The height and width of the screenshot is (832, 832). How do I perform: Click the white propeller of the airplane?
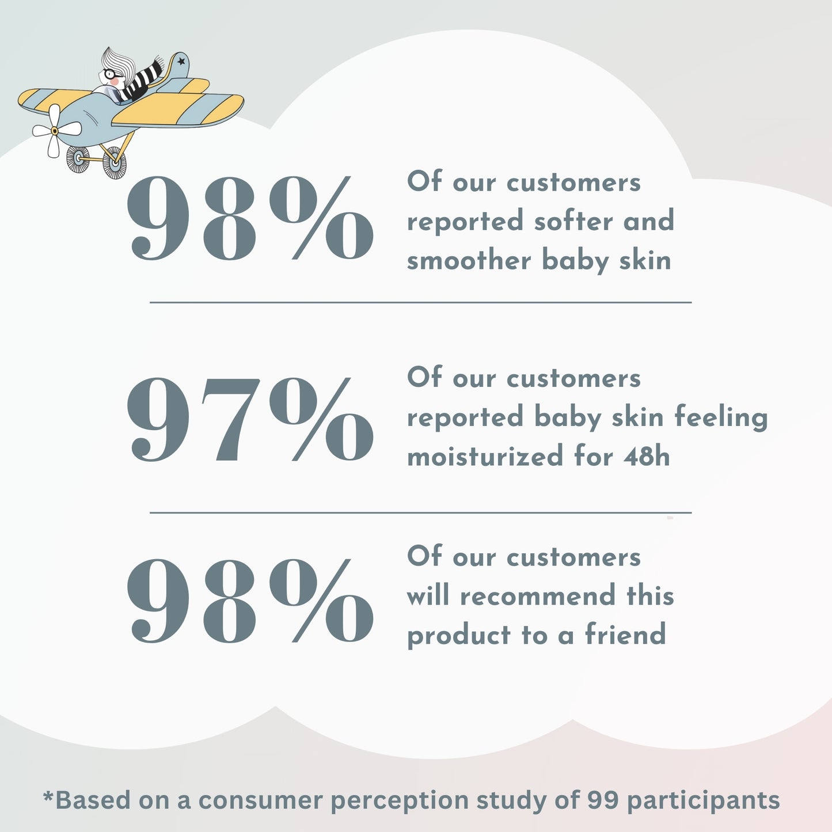click(54, 131)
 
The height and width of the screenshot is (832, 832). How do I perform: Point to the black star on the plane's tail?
click(181, 60)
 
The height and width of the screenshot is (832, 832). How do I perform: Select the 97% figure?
click(250, 420)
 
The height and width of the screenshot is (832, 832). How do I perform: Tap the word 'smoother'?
click(469, 261)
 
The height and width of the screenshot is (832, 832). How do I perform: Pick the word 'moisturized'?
click(485, 457)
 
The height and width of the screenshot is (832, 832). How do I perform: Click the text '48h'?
click(647, 457)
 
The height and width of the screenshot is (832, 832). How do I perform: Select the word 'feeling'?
click(721, 418)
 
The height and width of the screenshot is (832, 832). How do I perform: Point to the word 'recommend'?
click(537, 596)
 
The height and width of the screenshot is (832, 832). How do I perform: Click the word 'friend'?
click(625, 635)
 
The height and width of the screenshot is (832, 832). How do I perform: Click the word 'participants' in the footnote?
click(703, 801)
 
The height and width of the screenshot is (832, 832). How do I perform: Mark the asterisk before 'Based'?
click(48, 796)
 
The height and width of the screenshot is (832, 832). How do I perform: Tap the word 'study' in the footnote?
click(511, 801)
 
